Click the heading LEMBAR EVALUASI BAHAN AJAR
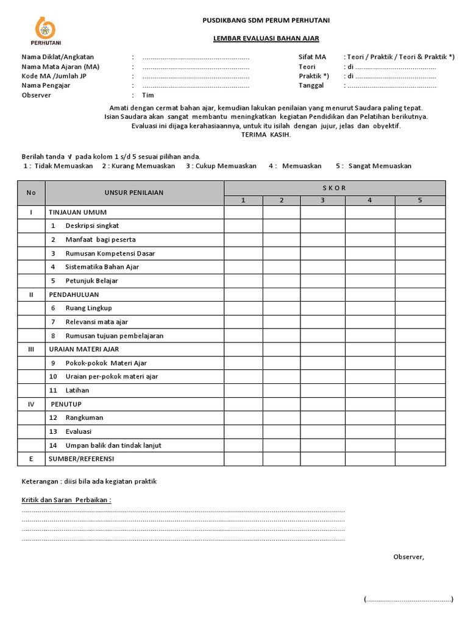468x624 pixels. (x=266, y=38)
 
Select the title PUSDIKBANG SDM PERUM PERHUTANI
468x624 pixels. (x=266, y=21)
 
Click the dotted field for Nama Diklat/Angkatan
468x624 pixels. (x=196, y=57)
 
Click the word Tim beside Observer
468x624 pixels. (x=148, y=95)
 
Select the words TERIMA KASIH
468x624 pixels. (x=266, y=135)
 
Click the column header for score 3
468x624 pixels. (x=322, y=200)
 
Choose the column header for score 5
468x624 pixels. (x=420, y=200)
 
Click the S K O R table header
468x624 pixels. (x=335, y=188)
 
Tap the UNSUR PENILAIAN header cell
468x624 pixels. (x=134, y=193)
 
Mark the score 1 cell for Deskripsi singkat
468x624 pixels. (x=243, y=225)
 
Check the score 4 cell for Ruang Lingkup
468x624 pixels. (x=370, y=308)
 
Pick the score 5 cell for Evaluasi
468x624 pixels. (x=420, y=431)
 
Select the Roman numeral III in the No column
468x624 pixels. (x=31, y=349)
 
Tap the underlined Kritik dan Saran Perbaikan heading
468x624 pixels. (x=66, y=500)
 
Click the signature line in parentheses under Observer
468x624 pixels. (x=408, y=599)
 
